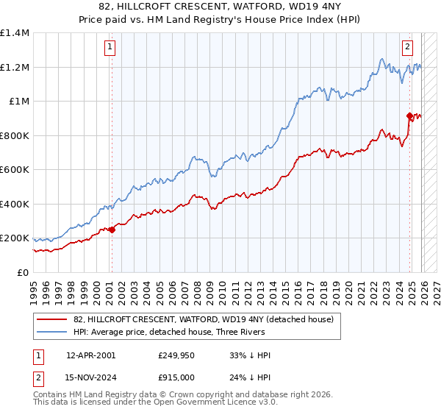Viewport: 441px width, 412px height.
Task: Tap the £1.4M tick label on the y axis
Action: pos(15,33)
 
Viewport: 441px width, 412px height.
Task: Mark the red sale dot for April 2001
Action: pos(112,230)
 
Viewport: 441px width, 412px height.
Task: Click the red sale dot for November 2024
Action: pos(409,116)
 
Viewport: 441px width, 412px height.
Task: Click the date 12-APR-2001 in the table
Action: pos(90,355)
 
